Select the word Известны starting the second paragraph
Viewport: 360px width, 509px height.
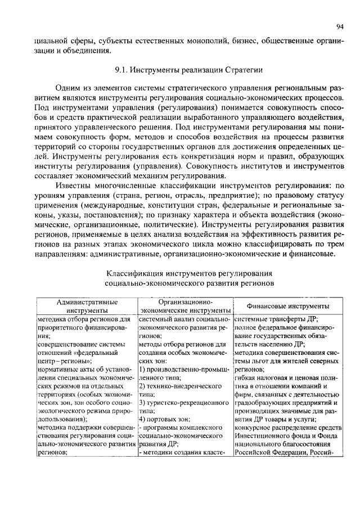[74, 184]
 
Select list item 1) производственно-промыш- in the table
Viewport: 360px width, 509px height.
[184, 370]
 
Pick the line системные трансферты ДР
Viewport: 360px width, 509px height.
[276, 318]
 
